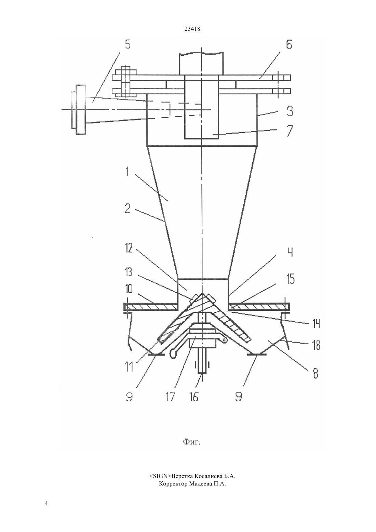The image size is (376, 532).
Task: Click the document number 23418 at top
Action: [192, 29]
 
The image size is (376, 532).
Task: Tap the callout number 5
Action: [128, 44]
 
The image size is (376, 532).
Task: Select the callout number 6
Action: [289, 44]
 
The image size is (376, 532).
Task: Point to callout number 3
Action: [290, 111]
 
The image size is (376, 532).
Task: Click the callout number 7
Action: [290, 131]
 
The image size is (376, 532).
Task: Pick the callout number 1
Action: [127, 172]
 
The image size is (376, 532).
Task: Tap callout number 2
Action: [127, 209]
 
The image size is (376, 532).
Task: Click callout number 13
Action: [129, 272]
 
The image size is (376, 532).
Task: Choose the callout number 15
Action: [291, 279]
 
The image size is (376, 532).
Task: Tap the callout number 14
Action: [316, 323]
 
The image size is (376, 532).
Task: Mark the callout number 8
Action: [315, 374]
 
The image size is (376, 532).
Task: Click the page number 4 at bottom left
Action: [46, 503]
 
